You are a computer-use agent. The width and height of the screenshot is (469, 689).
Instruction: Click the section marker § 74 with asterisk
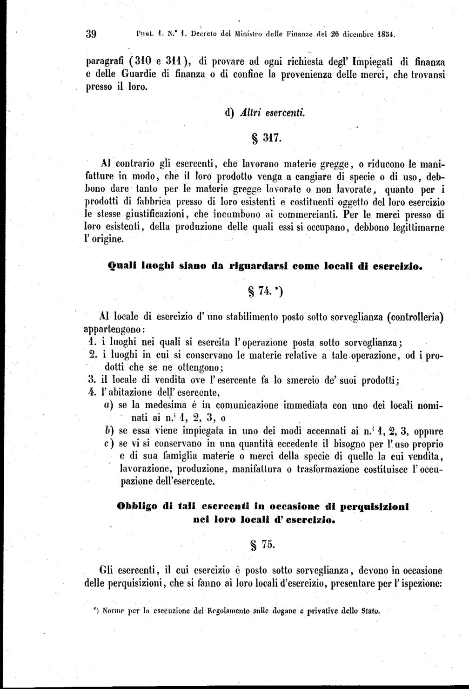[266, 291]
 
